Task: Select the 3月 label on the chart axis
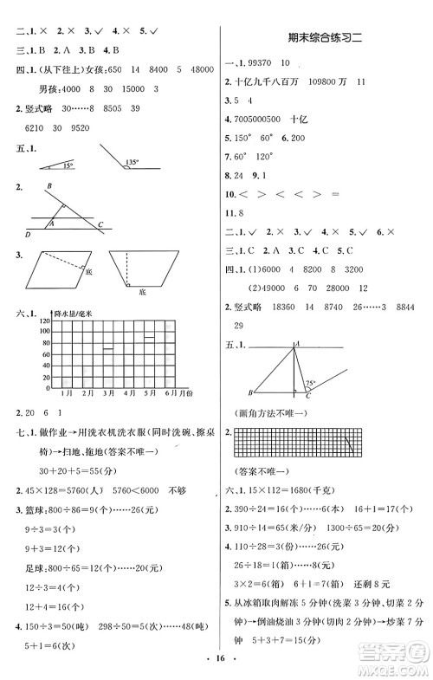pos(109,392)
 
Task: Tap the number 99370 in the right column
pos(263,62)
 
